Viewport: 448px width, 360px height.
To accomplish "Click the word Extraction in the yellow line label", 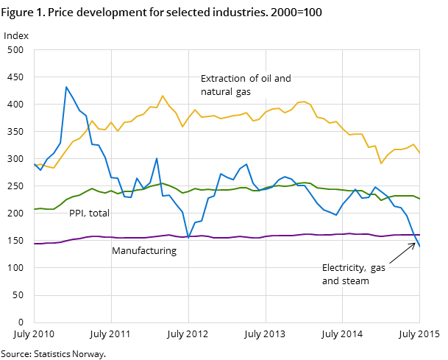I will (x=223, y=79).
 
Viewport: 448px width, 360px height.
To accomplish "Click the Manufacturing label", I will (x=144, y=251).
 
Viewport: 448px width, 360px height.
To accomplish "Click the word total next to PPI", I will (x=99, y=213).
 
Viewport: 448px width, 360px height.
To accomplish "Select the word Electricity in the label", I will (x=345, y=268).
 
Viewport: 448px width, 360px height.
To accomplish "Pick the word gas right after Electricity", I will (x=378, y=268).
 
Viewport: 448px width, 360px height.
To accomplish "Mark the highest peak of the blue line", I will (x=66, y=87).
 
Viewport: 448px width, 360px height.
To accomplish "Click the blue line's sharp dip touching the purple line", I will (x=188, y=238).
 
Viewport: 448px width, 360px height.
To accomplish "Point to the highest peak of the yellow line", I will (x=163, y=96).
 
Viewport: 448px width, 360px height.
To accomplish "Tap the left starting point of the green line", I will (x=35, y=209).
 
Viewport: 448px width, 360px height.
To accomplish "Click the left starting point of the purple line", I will (x=35, y=243).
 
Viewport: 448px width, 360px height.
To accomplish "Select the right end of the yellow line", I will (x=419, y=152).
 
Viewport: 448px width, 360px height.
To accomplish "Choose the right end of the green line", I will (x=419, y=199).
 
